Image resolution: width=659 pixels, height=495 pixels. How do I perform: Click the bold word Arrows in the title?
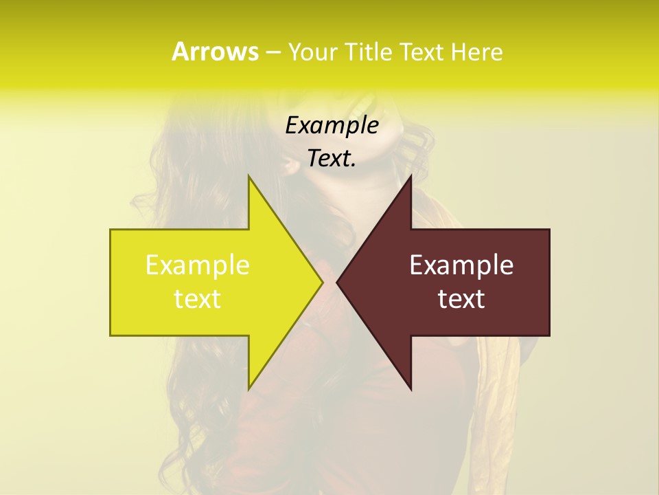coord(214,52)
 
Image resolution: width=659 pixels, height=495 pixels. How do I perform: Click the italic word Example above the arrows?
coord(332,125)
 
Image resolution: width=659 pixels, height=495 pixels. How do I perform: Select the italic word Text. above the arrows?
coord(332,159)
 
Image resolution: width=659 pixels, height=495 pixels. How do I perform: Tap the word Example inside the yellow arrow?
coord(197,265)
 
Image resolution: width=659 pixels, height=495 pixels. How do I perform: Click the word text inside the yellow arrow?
coord(197,299)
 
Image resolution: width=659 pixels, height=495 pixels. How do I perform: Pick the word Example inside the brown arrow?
coord(461,265)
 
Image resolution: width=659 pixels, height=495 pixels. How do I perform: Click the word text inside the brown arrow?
coord(461,299)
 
